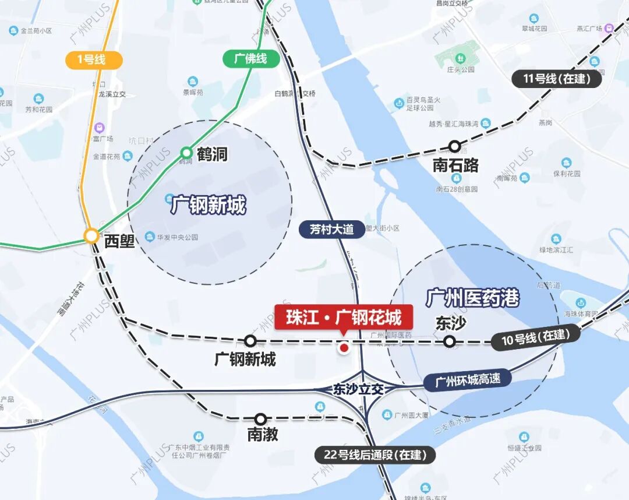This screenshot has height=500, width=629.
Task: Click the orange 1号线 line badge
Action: point(93,60)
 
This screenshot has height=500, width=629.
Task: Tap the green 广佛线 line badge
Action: point(251,59)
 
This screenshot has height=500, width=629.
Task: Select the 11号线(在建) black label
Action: point(556,79)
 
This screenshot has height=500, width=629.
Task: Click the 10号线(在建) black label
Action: point(535,337)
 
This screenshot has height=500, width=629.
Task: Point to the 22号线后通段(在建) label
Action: point(375,455)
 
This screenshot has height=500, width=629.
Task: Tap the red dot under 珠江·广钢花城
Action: point(344,348)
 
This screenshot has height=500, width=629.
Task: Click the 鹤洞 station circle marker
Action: point(186,153)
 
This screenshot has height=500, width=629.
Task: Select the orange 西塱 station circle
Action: point(91,235)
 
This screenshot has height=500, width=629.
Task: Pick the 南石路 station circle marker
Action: point(454,146)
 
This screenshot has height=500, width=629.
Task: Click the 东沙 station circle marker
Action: point(450,341)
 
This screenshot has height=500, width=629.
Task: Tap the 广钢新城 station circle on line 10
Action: point(250,341)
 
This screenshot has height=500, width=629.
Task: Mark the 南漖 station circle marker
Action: point(260,419)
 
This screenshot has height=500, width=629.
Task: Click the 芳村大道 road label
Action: point(331,229)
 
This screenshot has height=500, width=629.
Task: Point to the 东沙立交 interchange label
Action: point(358,389)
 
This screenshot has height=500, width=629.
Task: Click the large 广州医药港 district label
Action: point(472,298)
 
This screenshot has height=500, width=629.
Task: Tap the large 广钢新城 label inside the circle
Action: point(209,205)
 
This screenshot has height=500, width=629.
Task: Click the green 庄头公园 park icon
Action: point(460,59)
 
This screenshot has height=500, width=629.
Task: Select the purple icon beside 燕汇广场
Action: point(609,28)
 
